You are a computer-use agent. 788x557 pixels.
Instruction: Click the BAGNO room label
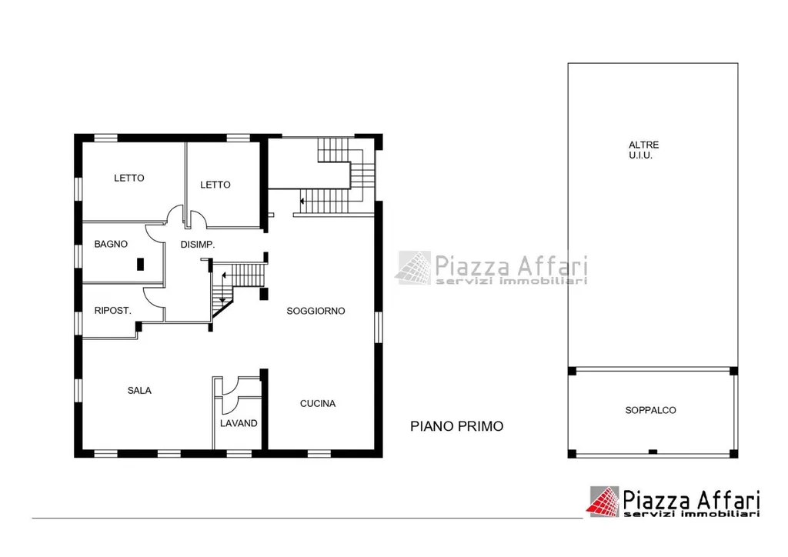point(111,244)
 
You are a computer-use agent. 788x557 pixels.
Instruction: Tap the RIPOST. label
point(112,311)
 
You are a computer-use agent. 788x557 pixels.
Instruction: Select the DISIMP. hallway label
point(198,245)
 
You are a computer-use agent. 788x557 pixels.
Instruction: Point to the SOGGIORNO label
point(316,312)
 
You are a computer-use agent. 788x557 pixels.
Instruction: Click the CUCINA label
point(318,404)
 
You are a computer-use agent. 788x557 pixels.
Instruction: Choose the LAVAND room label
point(239,423)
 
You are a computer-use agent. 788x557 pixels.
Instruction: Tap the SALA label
point(139,391)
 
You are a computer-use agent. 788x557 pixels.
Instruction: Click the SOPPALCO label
point(650,410)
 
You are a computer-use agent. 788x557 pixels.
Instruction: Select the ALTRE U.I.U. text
point(643,150)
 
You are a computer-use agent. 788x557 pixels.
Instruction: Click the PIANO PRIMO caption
point(457,426)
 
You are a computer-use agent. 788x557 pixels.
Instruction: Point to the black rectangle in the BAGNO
point(141,264)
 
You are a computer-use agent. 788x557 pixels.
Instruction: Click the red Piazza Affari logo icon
point(603,502)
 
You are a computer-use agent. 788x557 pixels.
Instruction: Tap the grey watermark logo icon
point(414,268)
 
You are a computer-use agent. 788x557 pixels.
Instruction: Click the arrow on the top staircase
point(302,202)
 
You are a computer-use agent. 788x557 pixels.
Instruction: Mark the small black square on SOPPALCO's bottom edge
point(653,452)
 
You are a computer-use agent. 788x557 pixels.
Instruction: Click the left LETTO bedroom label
point(129,178)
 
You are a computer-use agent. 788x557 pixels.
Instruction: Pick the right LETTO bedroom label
point(215,185)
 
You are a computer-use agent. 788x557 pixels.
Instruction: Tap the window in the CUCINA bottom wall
point(319,454)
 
